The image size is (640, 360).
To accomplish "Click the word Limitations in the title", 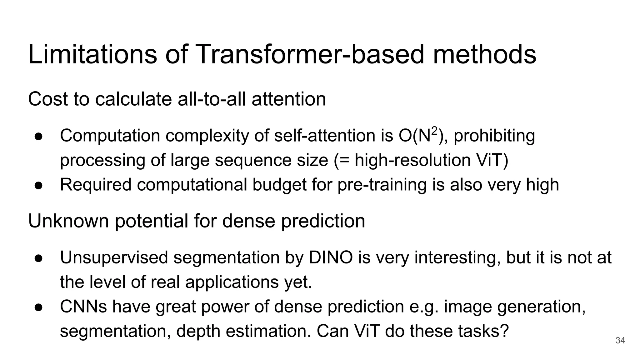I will click(x=92, y=54).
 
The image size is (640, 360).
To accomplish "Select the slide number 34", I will click(x=620, y=340).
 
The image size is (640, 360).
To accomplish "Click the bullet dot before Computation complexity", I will click(x=38, y=137).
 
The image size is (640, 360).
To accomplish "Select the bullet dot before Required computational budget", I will click(x=38, y=185).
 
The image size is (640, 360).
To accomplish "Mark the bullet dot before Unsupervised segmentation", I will click(x=38, y=258).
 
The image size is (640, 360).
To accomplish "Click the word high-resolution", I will click(x=412, y=160).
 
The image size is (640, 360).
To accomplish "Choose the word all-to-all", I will click(x=212, y=99).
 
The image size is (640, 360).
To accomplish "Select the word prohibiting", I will click(x=494, y=136).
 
